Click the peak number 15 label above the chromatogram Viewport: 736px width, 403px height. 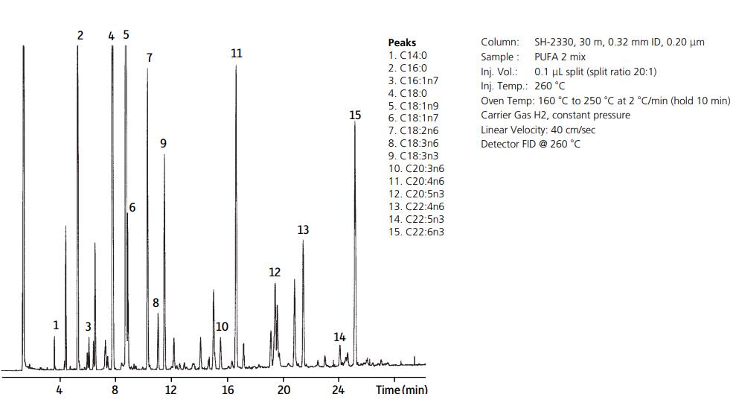[x=355, y=115]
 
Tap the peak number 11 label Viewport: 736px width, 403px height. [x=236, y=54]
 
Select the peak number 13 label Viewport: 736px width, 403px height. [x=303, y=230]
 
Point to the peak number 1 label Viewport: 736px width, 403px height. [x=55, y=326]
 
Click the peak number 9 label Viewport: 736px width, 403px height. [x=163, y=143]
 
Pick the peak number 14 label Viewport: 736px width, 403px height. [x=339, y=337]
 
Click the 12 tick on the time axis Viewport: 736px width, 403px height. [x=170, y=390]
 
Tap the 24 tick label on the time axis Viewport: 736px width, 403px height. [x=339, y=390]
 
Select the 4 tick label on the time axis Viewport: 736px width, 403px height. [x=60, y=390]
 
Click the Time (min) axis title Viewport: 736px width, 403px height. [x=401, y=390]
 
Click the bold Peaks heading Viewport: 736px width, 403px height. [x=402, y=42]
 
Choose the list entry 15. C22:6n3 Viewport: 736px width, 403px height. [x=417, y=232]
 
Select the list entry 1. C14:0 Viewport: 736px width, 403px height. [x=408, y=55]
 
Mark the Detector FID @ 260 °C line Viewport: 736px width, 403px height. [x=531, y=144]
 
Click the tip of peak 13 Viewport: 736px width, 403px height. [x=303, y=241]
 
